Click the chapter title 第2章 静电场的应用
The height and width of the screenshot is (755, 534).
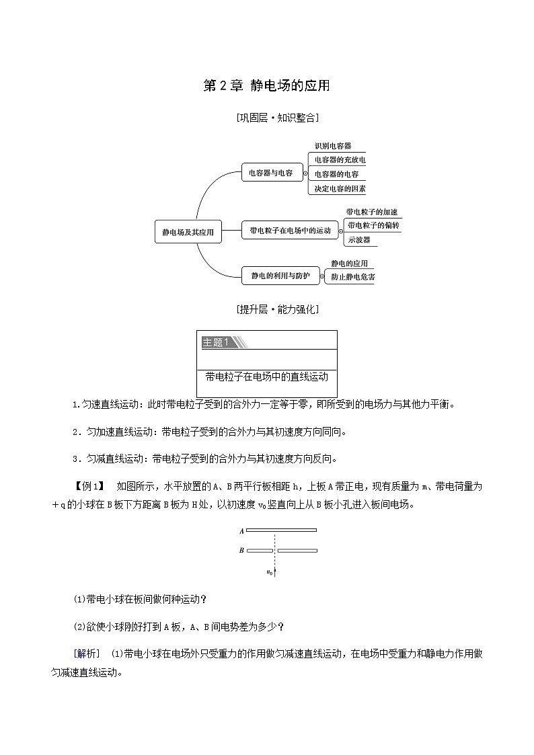tap(266, 86)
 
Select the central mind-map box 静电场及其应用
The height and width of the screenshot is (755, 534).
tap(188, 232)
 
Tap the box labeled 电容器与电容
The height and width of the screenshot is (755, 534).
tap(271, 173)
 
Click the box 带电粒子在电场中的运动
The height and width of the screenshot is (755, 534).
tap(289, 231)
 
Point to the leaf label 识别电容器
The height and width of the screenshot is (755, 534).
tap(332, 145)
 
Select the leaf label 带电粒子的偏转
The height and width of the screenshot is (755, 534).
tap(373, 225)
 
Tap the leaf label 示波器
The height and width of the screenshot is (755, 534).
tap(358, 239)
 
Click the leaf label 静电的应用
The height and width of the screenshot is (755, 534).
tap(349, 264)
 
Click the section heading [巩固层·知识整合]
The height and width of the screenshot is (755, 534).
tap(277, 118)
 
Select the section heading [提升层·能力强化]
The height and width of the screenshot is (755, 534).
tap(277, 310)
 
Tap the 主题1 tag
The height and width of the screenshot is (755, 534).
tap(217, 342)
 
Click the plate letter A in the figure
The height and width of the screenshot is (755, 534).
tap(241, 531)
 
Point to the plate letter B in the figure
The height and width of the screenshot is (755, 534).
tap(241, 551)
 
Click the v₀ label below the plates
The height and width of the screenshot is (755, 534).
tap(270, 572)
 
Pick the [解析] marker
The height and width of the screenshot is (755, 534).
tap(87, 653)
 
